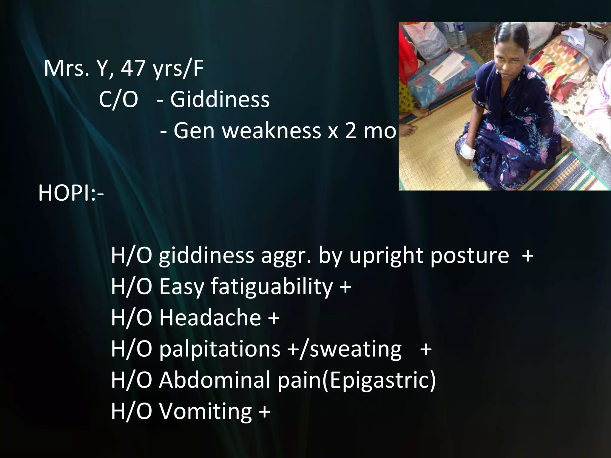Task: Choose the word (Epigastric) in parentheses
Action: (379, 380)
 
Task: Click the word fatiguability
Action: (271, 286)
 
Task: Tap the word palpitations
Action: (220, 349)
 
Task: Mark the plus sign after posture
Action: (527, 255)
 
